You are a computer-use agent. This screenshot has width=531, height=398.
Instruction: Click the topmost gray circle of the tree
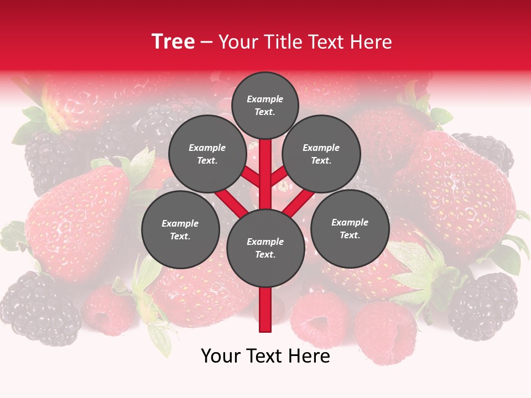pos(265,105)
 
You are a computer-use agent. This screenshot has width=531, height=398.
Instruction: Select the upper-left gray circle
pos(207,154)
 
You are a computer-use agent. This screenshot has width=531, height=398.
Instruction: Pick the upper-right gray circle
pos(321,154)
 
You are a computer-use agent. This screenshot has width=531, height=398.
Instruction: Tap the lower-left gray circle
pos(180,229)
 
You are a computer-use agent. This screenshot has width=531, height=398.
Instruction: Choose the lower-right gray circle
pos(350,228)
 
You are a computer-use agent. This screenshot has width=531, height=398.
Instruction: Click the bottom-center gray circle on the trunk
pos(265,248)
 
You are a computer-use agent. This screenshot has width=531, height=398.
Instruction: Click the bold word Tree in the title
pos(173,41)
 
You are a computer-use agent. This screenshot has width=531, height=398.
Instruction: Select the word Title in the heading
pos(283,42)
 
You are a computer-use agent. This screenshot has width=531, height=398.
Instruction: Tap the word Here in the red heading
pos(372,42)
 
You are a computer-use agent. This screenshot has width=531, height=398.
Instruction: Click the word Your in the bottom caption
pos(221,356)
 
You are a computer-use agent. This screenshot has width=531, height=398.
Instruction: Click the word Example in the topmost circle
pos(265,99)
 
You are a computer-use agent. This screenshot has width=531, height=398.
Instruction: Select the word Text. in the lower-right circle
pos(350,235)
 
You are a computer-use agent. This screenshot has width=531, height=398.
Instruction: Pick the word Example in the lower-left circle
pos(180,223)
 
